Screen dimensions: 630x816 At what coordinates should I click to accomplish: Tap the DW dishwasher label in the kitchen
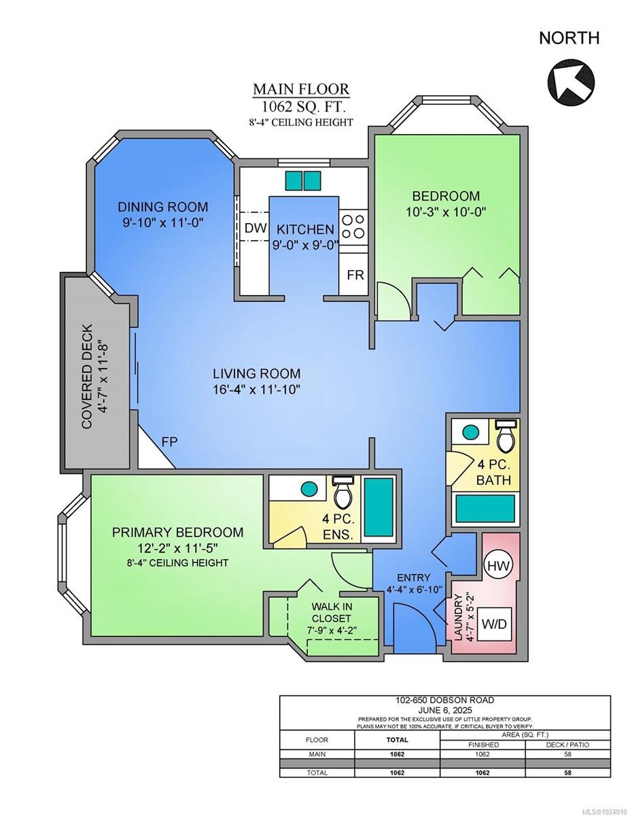[256, 228]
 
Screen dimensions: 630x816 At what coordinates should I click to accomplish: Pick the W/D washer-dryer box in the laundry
[494, 624]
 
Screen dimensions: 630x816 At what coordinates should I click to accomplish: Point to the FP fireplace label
[169, 442]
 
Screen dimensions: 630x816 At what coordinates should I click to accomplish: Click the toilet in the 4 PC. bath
[505, 436]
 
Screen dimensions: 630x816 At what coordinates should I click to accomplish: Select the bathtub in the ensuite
[379, 507]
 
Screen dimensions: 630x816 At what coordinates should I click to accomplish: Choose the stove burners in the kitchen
[353, 226]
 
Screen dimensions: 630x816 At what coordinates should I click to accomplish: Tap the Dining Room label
[163, 207]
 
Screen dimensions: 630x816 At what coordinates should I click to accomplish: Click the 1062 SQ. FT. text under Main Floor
[303, 107]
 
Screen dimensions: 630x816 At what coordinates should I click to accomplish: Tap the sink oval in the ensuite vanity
[309, 488]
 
